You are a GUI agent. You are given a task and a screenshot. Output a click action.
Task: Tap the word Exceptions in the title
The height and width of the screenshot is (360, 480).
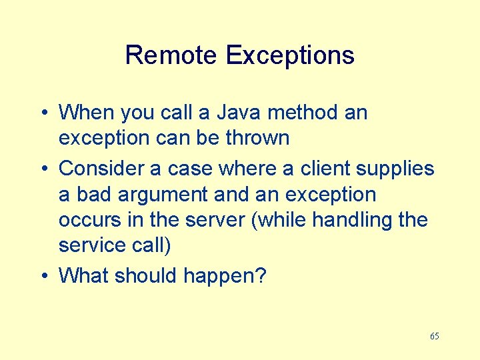point(290,55)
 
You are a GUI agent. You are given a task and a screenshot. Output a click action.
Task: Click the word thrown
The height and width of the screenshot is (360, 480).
point(257,138)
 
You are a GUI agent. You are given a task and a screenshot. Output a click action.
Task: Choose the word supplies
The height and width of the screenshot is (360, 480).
point(395,169)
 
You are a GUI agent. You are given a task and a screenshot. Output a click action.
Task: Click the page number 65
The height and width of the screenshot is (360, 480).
point(435,336)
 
